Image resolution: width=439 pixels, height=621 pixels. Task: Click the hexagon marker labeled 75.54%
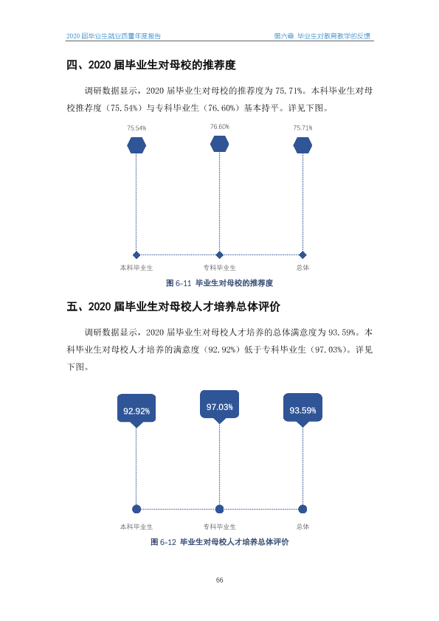pyautogui.click(x=136, y=145)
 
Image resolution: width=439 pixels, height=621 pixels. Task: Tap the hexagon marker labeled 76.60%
pyautogui.click(x=220, y=144)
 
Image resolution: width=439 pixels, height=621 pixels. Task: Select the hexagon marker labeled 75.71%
pyautogui.click(x=303, y=145)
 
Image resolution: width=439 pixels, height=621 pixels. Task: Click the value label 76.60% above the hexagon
pyautogui.click(x=220, y=127)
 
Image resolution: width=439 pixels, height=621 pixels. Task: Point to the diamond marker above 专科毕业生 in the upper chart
pyautogui.click(x=220, y=255)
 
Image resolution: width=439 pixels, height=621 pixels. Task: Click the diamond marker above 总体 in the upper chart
pyautogui.click(x=303, y=255)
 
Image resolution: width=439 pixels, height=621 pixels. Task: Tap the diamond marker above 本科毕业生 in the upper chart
pyautogui.click(x=136, y=255)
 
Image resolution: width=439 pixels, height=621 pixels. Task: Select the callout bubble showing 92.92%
pyautogui.click(x=136, y=410)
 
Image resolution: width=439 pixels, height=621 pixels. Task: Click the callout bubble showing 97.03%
pyautogui.click(x=220, y=406)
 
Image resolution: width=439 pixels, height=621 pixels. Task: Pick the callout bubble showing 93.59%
pyautogui.click(x=303, y=409)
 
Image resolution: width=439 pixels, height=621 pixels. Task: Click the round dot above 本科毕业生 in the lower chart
pyautogui.click(x=136, y=509)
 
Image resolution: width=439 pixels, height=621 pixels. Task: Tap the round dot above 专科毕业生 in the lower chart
pyautogui.click(x=220, y=509)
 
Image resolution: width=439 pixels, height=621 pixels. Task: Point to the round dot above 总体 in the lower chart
pyautogui.click(x=303, y=509)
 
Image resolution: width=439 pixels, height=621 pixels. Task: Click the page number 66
pyautogui.click(x=220, y=580)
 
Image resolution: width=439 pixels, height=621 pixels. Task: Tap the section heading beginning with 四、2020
pyautogui.click(x=151, y=65)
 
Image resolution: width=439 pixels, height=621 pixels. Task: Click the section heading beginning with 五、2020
pyautogui.click(x=173, y=307)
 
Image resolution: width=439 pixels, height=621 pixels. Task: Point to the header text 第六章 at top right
pyautogui.click(x=283, y=36)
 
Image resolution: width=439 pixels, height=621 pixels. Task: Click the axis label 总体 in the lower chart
pyautogui.click(x=303, y=527)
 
